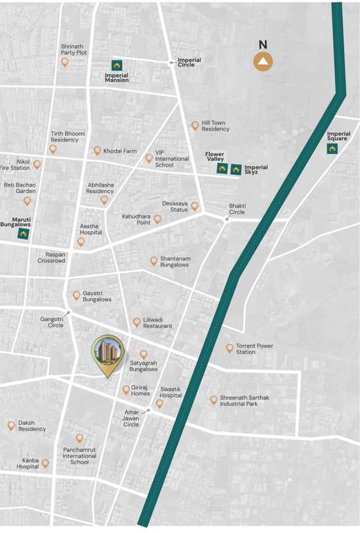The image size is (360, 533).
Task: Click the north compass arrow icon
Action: point(263,62)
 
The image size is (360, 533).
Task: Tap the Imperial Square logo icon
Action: point(332,149)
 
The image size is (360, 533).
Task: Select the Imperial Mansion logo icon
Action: point(117,65)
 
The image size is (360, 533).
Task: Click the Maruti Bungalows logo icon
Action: point(24,234)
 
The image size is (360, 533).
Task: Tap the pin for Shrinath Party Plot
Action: point(65,62)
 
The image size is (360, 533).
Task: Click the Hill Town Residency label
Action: point(215,126)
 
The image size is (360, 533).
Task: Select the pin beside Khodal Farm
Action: point(97,150)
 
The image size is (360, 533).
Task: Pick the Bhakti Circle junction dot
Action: point(227,219)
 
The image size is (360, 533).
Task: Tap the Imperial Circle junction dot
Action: point(172,62)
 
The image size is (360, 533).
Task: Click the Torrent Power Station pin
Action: point(230,348)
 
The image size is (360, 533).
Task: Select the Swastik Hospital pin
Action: point(160,403)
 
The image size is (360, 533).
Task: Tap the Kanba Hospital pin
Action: point(45,463)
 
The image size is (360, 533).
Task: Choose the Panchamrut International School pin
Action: point(79,438)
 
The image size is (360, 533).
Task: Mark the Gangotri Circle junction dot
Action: point(67,313)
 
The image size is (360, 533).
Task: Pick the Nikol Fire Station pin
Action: point(37,164)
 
